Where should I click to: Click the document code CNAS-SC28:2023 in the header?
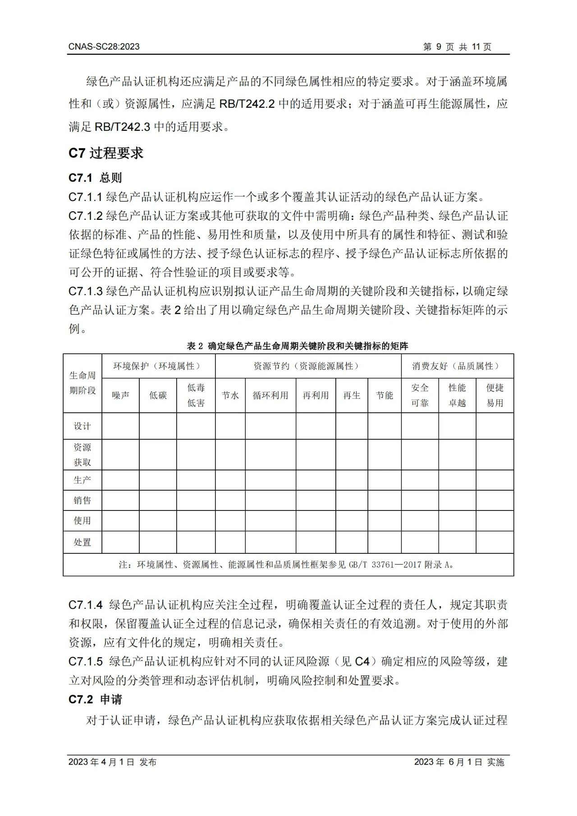[104, 46]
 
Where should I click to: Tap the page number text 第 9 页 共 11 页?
[457, 46]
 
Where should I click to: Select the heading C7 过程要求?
[105, 153]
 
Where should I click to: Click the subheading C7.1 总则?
[95, 178]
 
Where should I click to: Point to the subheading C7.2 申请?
[95, 699]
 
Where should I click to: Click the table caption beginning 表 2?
[298, 346]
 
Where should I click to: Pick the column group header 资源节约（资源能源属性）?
[308, 366]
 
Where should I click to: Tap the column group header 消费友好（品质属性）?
[457, 366]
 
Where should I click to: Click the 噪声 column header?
[120, 395]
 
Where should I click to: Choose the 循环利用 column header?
[270, 395]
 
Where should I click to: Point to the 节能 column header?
[385, 395]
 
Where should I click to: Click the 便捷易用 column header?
[495, 395]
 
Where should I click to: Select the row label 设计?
[82, 426]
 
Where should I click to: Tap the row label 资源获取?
[82, 455]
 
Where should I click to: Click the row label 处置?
[82, 542]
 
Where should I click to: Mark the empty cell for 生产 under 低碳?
[158, 480]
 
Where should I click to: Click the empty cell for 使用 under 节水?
[230, 520]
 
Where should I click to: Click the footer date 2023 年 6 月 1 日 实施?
[459, 761]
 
